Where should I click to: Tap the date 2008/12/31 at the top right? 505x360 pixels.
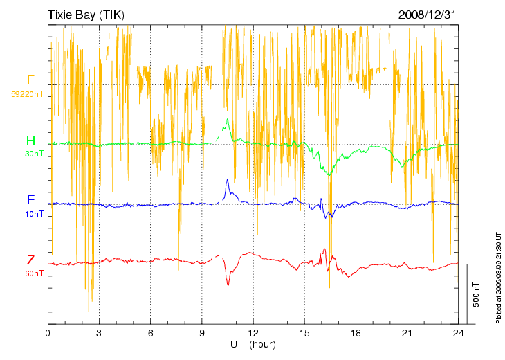[428, 14]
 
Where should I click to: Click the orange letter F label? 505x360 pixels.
[30, 80]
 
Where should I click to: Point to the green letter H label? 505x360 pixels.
[30, 141]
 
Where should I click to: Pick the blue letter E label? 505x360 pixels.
[30, 200]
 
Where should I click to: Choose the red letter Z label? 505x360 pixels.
[30, 260]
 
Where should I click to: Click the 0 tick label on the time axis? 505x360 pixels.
[48, 334]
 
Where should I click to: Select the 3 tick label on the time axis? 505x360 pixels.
[99, 334]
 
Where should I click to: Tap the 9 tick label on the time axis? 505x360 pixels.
[202, 334]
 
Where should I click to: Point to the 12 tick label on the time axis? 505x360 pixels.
[253, 334]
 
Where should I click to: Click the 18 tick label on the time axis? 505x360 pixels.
[356, 334]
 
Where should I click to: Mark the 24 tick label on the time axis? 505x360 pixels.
[459, 334]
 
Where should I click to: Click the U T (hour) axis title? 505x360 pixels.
[253, 344]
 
